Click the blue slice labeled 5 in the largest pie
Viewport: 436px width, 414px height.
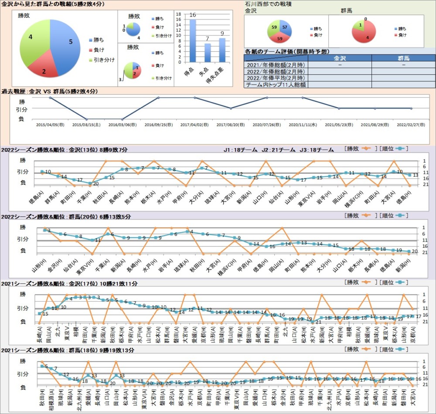tap(65, 41)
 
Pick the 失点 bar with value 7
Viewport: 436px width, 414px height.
tap(208, 53)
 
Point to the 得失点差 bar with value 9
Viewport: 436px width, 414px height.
tap(222, 50)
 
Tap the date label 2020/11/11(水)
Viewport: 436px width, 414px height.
tap(302, 125)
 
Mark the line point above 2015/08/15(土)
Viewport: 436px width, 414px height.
tap(86, 119)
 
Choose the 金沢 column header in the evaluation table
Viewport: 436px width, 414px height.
tap(340, 58)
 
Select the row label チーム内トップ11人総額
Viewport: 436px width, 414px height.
tap(276, 84)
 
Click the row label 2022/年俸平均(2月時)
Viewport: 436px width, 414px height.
tap(276, 78)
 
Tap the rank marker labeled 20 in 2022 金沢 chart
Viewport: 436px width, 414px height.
tap(90, 183)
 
